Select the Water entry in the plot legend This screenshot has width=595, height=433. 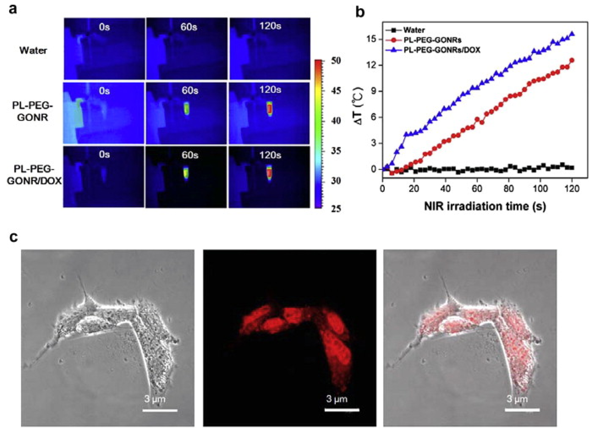click(x=414, y=30)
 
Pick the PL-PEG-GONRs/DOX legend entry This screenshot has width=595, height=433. click(x=441, y=50)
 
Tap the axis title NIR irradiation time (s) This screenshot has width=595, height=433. click(x=485, y=206)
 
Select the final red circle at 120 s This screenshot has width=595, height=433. click(x=572, y=60)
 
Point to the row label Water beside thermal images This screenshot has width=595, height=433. click(x=33, y=50)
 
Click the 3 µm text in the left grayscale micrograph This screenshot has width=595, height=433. click(x=155, y=399)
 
